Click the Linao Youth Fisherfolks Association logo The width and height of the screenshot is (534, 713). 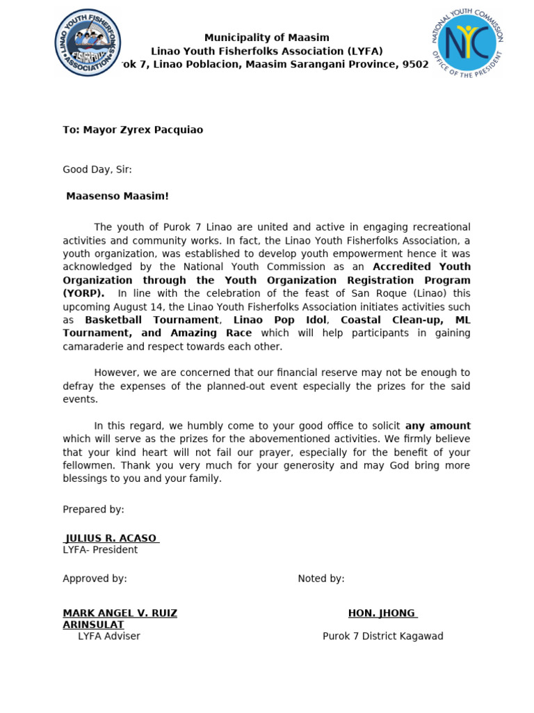(88, 43)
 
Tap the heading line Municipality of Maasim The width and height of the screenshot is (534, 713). (267, 38)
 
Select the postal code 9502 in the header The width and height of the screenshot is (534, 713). (416, 64)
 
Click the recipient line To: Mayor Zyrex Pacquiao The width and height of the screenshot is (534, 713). (133, 130)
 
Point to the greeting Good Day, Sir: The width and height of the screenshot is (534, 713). (97, 169)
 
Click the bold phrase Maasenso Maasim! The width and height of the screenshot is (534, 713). (118, 196)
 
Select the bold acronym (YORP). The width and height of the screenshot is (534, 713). (83, 293)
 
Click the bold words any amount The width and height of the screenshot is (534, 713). (438, 425)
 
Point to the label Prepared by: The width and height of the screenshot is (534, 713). (93, 509)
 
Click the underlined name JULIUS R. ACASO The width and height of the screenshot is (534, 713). (111, 538)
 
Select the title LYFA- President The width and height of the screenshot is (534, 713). (100, 549)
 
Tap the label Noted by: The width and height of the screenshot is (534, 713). (321, 579)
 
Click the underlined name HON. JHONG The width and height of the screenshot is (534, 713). (382, 613)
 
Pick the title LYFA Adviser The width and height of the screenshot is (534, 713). (109, 636)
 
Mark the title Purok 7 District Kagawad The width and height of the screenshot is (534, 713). (382, 636)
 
